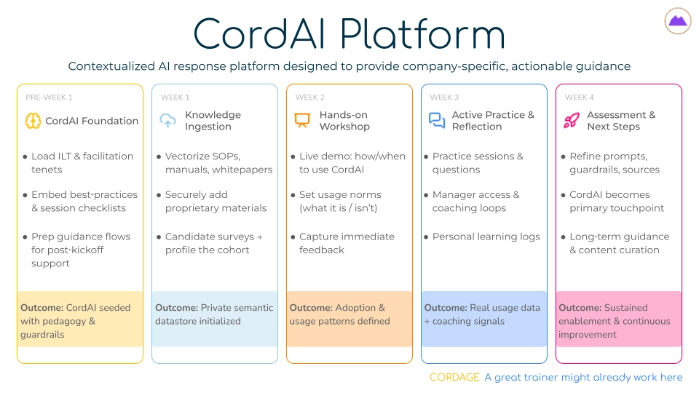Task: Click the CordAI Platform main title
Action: (349, 33)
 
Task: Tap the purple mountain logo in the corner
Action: (678, 21)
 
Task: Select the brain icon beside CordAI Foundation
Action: (33, 121)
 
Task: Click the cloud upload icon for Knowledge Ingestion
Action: (168, 121)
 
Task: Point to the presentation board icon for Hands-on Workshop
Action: (302, 121)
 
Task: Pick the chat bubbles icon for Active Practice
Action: (437, 121)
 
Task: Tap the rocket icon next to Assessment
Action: (572, 121)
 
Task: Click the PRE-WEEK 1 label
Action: (49, 98)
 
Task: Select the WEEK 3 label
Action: (444, 98)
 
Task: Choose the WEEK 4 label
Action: (580, 98)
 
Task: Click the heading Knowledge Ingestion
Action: (213, 121)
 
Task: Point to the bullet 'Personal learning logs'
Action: (486, 237)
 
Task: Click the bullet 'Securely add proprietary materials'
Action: (216, 202)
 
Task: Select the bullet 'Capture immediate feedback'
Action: (346, 243)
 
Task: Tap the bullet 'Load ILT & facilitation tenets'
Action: (82, 163)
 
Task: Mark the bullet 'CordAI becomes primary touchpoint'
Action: (616, 202)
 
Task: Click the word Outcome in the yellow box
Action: (41, 308)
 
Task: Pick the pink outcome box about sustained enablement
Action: (619, 321)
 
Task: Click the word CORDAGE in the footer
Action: (454, 377)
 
